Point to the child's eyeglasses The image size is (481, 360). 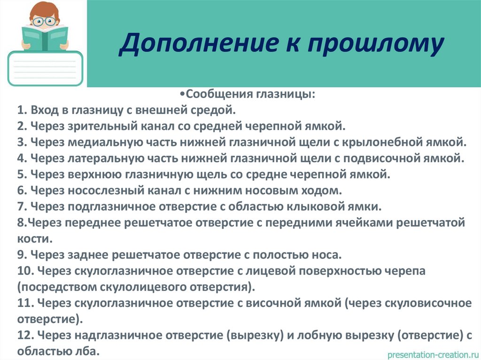point(45,21)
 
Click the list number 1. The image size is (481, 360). point(22,110)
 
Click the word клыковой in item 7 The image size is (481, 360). point(332,207)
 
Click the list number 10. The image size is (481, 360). point(24,271)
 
